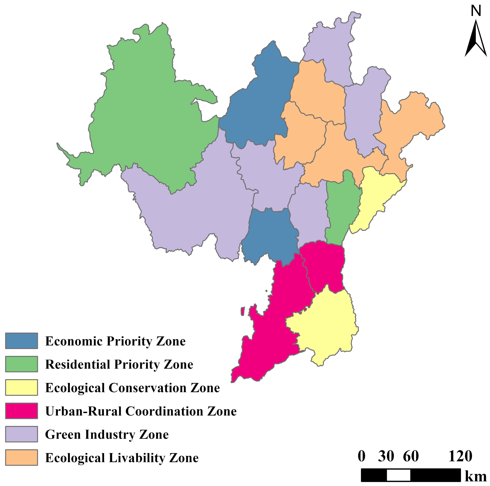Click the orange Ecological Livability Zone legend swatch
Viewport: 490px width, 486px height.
coord(21,458)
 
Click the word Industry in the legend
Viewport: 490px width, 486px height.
coord(110,435)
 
